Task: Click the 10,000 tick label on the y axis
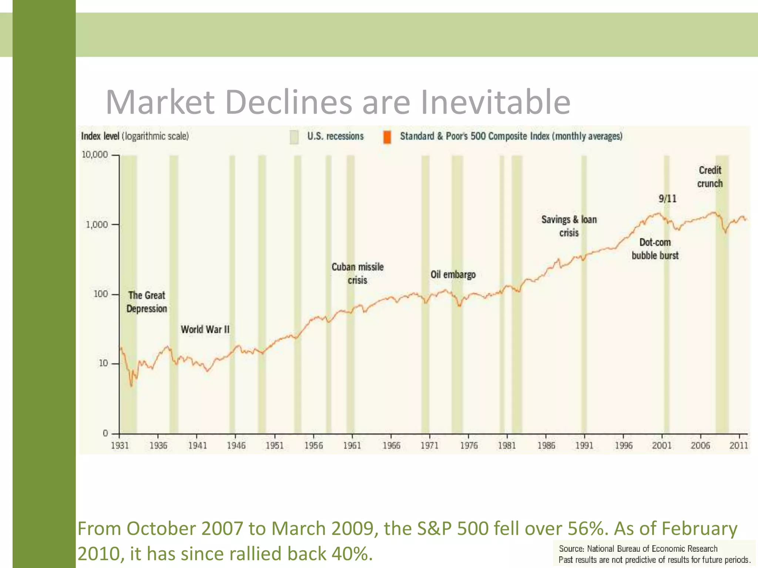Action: coord(95,155)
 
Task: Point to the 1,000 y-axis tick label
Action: coord(97,224)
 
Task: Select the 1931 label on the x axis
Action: coord(120,446)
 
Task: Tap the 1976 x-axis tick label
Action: coord(469,446)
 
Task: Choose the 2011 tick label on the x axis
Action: coord(739,446)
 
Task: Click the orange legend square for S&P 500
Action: coord(387,137)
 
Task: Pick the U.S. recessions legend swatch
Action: coord(294,137)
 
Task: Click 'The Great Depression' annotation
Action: coord(147,302)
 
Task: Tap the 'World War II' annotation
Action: coord(205,329)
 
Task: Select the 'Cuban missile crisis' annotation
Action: coord(358,274)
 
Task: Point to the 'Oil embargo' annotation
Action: coord(453,275)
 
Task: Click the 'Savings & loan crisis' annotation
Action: coord(569,226)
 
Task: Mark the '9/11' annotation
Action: coord(667,199)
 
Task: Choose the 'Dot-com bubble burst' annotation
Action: coord(655,249)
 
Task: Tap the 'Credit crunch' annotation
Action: coord(710,177)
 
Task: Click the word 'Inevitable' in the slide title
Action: coord(496,102)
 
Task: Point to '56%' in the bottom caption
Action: coord(588,528)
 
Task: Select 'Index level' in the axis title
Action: coord(100,136)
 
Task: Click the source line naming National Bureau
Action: coord(638,549)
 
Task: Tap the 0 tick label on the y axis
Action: coord(105,433)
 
